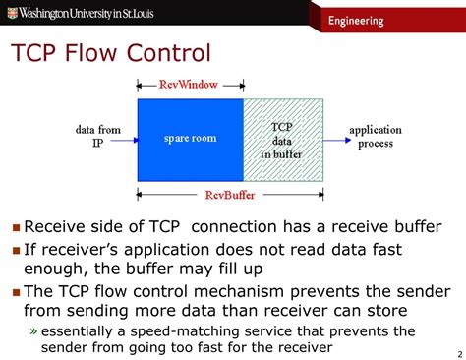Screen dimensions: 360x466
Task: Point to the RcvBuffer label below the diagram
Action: (x=233, y=196)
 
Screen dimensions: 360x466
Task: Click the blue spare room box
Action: (x=189, y=140)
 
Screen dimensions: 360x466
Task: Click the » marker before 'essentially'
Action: (x=33, y=330)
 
